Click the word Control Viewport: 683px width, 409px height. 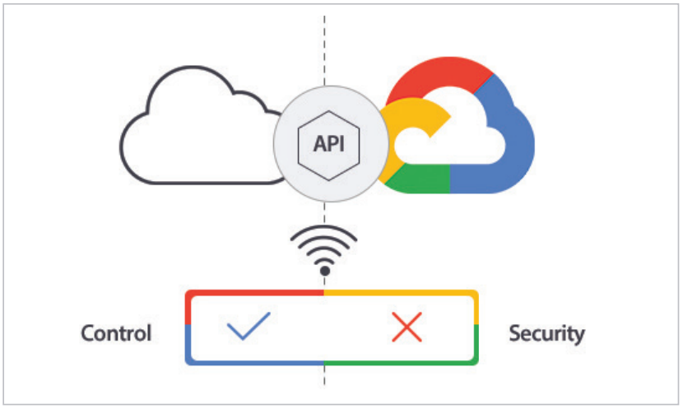pos(116,333)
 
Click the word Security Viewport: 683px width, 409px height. pos(546,334)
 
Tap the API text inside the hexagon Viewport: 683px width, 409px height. pos(329,144)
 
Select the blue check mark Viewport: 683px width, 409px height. pos(249,326)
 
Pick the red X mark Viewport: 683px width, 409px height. pos(407,327)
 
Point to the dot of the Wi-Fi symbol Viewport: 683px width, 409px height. pos(324,271)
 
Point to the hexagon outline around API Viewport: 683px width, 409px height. pos(299,145)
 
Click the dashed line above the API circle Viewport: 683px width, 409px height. pos(324,51)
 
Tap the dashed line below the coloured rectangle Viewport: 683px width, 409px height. pos(324,375)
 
